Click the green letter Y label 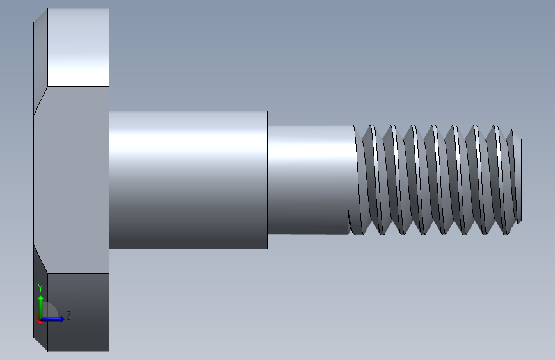40,288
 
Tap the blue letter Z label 68,315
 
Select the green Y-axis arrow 41,307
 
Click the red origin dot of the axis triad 40,320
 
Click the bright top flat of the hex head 78,47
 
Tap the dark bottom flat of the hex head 78,312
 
